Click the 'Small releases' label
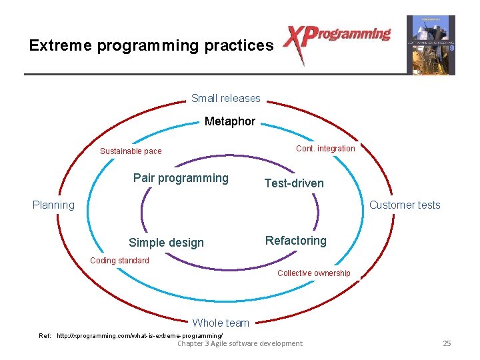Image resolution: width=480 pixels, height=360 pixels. coord(225,99)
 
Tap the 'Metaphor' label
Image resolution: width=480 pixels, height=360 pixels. coord(229,121)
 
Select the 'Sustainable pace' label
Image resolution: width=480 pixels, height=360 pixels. coord(131,151)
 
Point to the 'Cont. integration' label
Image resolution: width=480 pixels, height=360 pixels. coord(325,149)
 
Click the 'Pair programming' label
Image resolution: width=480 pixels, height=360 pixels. coord(181,178)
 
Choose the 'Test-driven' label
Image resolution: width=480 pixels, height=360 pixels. coord(294,183)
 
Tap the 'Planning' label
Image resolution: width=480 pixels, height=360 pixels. coord(53,205)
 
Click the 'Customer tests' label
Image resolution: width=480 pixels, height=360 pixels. coord(405,205)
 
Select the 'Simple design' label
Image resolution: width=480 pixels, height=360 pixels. coord(166,243)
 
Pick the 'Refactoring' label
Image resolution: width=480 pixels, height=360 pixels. coord(295,241)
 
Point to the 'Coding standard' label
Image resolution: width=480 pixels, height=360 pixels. coord(119,261)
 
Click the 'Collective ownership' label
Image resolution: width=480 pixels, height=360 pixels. coord(313,273)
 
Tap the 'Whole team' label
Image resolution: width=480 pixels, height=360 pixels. coord(221,323)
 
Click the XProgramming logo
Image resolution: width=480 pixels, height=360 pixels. coord(337,41)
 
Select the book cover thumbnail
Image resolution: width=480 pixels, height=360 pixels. coord(431,45)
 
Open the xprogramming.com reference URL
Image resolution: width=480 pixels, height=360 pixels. coord(140,335)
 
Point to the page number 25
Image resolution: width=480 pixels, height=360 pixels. coord(447,343)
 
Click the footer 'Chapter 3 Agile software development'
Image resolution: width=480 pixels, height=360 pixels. coord(239,343)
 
